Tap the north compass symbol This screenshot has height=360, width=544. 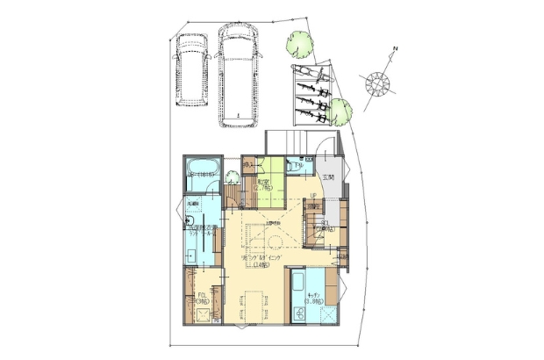pos(378,82)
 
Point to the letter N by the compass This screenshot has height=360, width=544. pos(396,48)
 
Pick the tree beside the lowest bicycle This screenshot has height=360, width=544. pos(341,109)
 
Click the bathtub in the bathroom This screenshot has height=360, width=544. pos(204,169)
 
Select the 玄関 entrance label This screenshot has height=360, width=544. pos(328,177)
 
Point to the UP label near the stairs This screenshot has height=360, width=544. pos(311,196)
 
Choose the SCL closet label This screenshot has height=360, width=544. pos(326,225)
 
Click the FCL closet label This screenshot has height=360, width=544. pos(201,296)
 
